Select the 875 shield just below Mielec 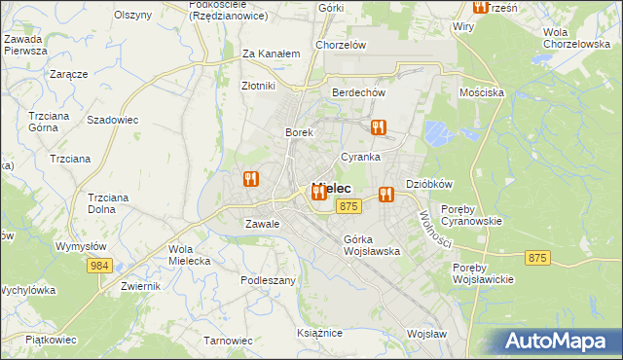click(x=350, y=206)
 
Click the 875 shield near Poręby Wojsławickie click(x=536, y=258)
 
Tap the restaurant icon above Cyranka click(x=379, y=126)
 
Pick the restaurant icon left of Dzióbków click(x=387, y=193)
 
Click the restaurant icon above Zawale click(x=251, y=179)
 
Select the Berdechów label click(x=359, y=92)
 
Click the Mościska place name click(x=482, y=92)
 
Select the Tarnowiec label click(x=228, y=341)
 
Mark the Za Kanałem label click(x=270, y=54)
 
